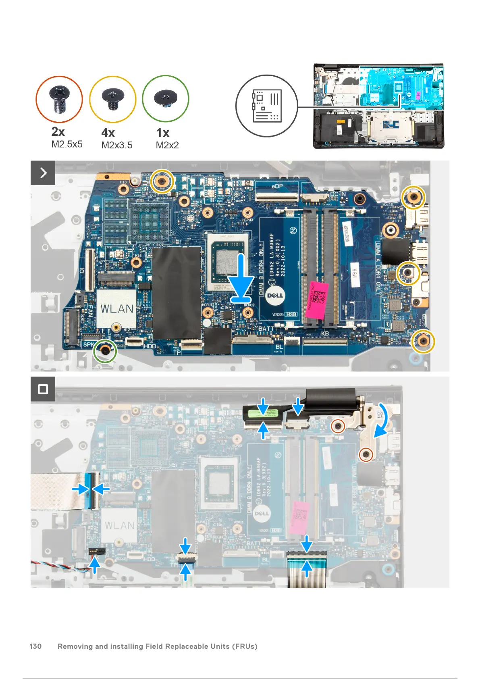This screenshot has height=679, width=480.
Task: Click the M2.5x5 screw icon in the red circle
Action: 60,99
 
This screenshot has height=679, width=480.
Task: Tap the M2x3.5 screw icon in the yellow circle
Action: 112,99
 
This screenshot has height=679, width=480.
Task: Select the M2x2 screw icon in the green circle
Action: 166,98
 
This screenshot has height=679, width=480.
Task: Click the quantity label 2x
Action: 58,132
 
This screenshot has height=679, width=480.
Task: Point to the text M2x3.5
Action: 116,145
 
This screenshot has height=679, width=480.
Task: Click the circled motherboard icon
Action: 266,106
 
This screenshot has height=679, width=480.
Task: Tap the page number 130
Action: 35,646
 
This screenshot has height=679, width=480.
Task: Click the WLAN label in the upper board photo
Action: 117,309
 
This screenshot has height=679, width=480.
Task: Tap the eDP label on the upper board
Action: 277,186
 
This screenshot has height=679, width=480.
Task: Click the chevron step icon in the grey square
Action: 43,173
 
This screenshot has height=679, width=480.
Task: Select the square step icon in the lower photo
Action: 43,389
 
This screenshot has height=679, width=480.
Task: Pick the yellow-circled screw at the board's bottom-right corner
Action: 423,341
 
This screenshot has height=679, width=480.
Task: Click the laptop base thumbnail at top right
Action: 378,106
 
